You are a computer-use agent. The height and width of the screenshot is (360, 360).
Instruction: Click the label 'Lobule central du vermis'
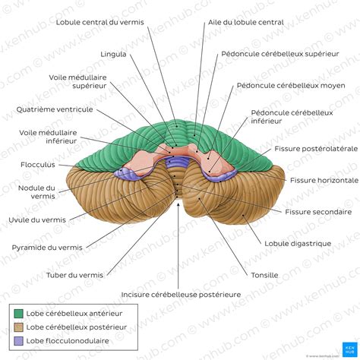coord(99,22)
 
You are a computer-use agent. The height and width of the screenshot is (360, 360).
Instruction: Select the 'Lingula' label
coord(113,54)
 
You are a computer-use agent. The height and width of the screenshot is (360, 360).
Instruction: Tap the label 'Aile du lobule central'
coord(246,22)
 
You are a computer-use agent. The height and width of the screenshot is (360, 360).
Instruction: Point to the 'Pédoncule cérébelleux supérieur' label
coord(280,54)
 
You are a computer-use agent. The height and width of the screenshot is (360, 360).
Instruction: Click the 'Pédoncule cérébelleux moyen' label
coord(291,86)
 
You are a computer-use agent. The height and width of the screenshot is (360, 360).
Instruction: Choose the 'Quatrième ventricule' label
coord(55,109)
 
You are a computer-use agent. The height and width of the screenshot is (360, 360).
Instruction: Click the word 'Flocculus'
coord(38,165)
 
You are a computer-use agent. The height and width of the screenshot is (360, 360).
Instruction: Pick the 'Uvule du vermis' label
coord(37,219)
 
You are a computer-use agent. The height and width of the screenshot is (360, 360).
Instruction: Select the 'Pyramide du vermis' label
coord(47,248)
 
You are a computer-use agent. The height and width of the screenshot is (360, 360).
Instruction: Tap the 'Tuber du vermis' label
coord(74,275)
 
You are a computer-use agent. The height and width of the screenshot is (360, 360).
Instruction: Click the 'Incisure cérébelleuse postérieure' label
coord(181,295)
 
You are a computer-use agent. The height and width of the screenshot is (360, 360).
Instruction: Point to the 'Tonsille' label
coord(264,275)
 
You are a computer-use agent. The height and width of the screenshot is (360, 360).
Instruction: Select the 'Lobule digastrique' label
coord(298,244)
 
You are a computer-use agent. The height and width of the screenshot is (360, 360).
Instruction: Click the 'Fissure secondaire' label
coord(318,212)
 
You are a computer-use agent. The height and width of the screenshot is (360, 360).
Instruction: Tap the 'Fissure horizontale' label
coord(324,181)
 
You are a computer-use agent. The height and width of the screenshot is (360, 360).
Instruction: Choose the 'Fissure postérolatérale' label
coord(316,149)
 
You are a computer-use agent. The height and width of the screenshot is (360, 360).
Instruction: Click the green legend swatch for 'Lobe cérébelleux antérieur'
coord(18,314)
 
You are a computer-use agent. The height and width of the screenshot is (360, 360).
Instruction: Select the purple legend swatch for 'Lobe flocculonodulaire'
coord(18,341)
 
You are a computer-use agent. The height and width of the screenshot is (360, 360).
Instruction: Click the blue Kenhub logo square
coord(349,349)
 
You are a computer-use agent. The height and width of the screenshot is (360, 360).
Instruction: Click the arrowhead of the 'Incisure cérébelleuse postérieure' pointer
coord(178,205)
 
